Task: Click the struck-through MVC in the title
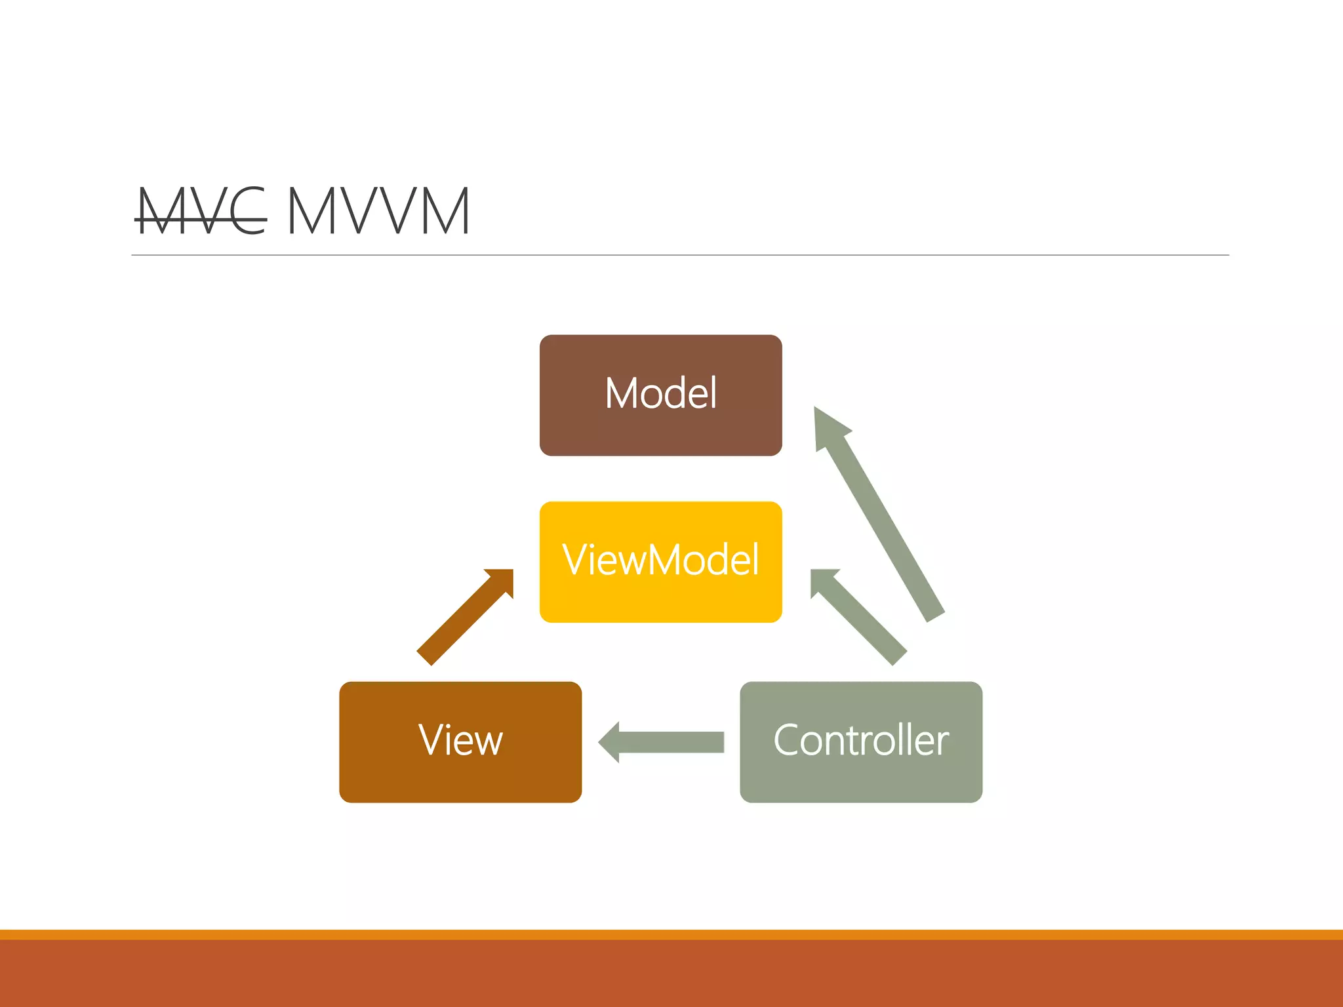click(200, 211)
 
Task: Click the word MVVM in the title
click(378, 211)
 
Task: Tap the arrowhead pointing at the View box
click(610, 742)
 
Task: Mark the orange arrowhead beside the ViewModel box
click(502, 580)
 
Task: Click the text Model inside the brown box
click(660, 393)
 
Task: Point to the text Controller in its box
click(860, 741)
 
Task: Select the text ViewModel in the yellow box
click(660, 561)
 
